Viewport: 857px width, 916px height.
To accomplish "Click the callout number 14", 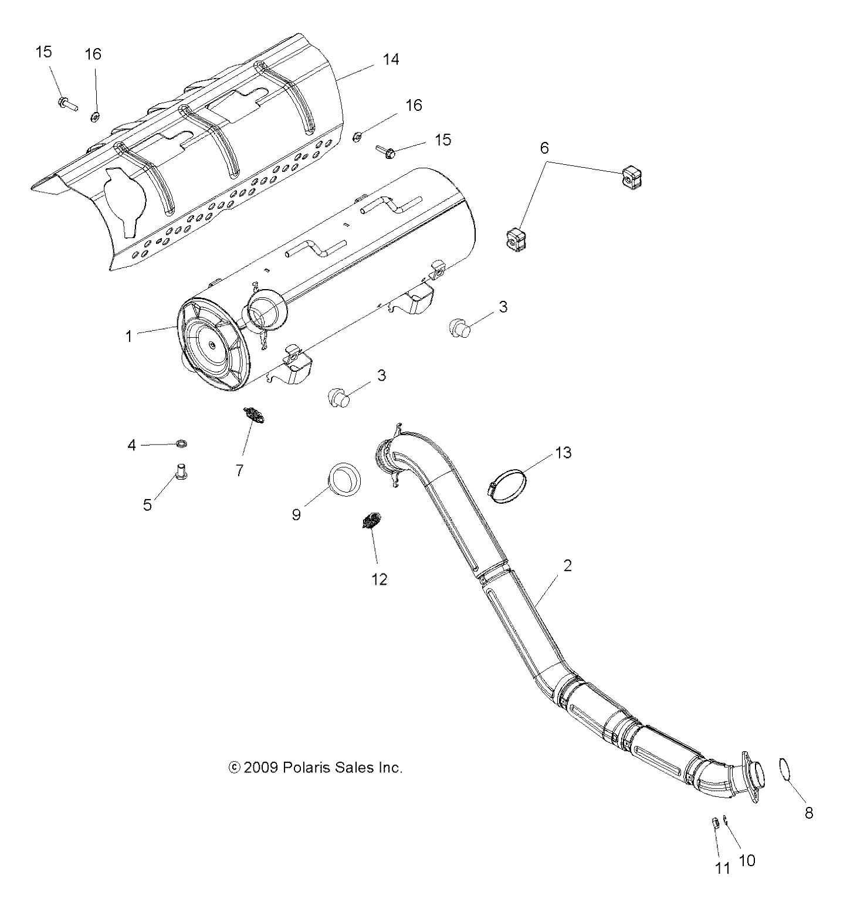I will click(391, 59).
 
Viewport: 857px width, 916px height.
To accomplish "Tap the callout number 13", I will click(563, 453).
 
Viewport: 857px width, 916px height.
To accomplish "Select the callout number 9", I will click(296, 514).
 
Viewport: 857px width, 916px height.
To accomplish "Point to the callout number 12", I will click(380, 579).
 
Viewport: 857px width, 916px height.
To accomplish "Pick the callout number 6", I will click(544, 148).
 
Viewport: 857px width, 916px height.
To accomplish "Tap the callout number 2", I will click(567, 566).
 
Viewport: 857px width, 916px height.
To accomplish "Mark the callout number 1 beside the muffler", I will click(129, 336).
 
